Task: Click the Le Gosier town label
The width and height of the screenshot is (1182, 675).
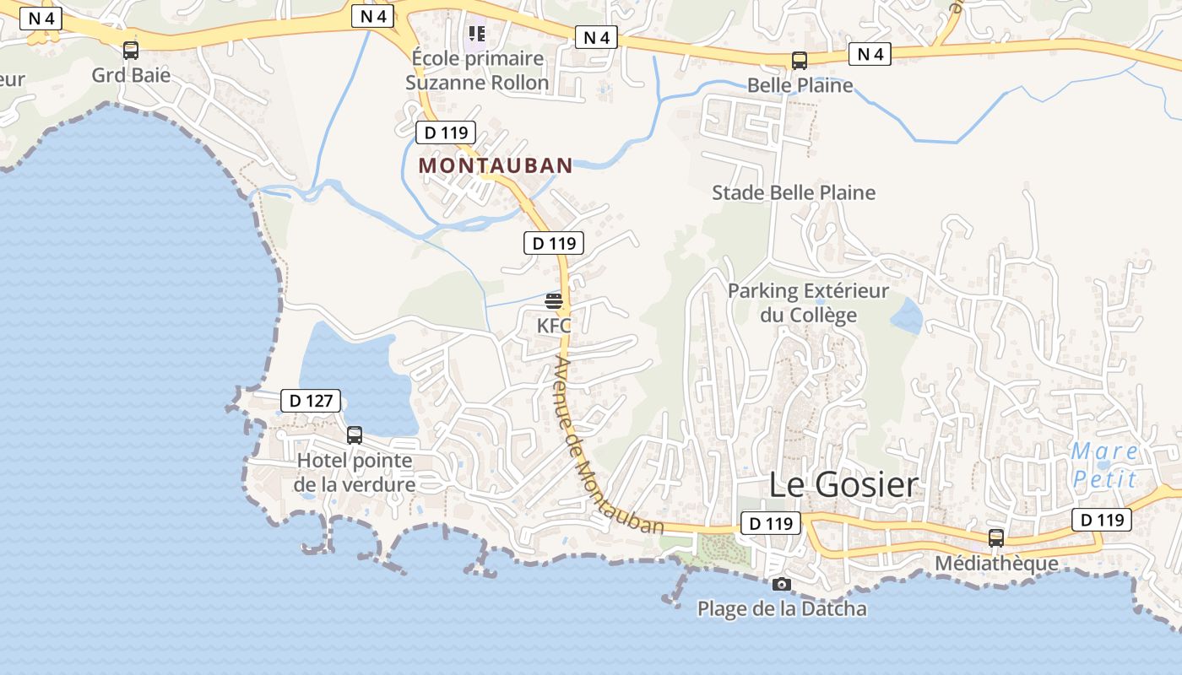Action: [843, 484]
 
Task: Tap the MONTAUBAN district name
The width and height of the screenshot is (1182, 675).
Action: [496, 165]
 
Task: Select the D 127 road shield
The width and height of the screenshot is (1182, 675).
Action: [311, 401]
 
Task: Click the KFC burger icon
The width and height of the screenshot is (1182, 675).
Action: [554, 301]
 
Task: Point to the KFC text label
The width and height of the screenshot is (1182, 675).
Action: [554, 325]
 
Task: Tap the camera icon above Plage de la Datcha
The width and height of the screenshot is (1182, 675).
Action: [782, 584]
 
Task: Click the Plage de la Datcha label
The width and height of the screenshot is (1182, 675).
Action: [782, 608]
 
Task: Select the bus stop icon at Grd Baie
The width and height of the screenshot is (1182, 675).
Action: [131, 51]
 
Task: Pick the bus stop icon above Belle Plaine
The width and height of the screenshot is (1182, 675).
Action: [799, 61]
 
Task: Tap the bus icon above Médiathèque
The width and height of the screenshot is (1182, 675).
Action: [996, 538]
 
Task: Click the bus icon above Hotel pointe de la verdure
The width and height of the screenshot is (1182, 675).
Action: [355, 435]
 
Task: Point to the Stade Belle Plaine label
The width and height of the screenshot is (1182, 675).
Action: [794, 192]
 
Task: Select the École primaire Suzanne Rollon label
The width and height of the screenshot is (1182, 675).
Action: [477, 70]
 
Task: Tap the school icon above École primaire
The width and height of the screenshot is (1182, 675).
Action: [477, 34]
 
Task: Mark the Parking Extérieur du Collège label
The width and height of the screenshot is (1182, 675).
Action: [808, 303]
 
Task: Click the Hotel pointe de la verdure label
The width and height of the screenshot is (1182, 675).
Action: [355, 472]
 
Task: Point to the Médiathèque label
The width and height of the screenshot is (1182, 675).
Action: [996, 563]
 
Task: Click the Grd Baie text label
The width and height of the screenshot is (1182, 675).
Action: [131, 75]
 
